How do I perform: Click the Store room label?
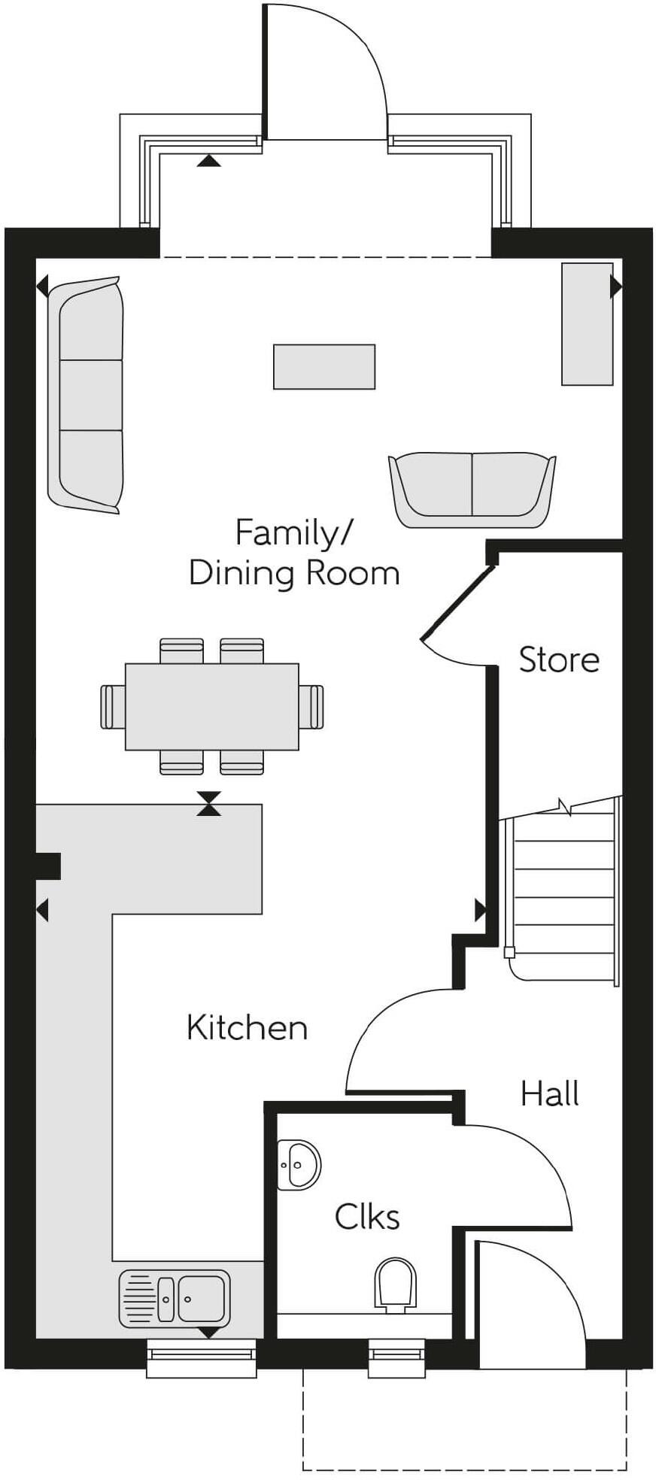tap(559, 660)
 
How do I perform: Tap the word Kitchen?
tap(247, 1028)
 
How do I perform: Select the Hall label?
tap(550, 1093)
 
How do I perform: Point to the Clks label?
tap(367, 1216)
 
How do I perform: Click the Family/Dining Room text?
tap(293, 553)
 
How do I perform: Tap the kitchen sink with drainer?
tap(175, 1298)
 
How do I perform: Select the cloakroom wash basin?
tap(299, 1165)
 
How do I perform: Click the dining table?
tap(211, 706)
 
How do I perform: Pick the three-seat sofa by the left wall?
tap(86, 395)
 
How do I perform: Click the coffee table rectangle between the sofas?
tap(323, 366)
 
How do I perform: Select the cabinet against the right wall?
tap(587, 323)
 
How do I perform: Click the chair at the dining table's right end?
tap(311, 706)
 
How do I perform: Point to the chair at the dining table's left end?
tap(112, 706)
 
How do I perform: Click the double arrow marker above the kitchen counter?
tap(210, 803)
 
